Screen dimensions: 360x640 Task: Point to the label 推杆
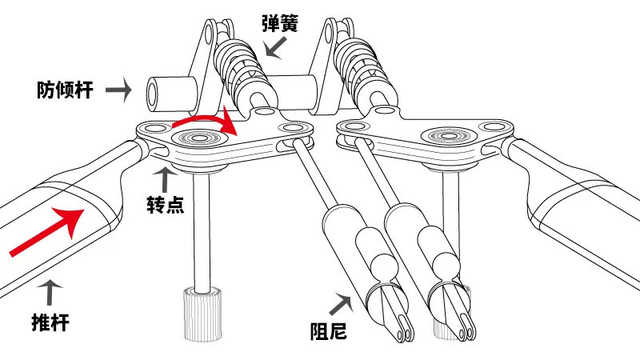[50, 322]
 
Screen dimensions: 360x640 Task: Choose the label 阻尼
[329, 329]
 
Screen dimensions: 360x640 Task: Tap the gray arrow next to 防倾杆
[118, 89]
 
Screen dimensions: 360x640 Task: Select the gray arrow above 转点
[166, 178]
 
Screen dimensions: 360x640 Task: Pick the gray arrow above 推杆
[50, 292]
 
